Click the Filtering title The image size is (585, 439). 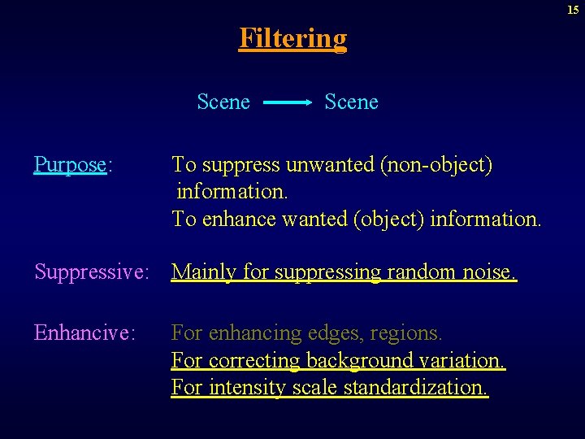(292, 38)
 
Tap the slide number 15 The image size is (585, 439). (573, 10)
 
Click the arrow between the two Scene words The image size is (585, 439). (288, 103)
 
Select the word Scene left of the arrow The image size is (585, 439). (223, 102)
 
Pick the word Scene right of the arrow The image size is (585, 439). (351, 102)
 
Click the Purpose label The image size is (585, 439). (71, 165)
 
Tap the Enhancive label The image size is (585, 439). (84, 333)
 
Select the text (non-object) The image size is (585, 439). (436, 165)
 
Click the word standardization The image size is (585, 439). (416, 387)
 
